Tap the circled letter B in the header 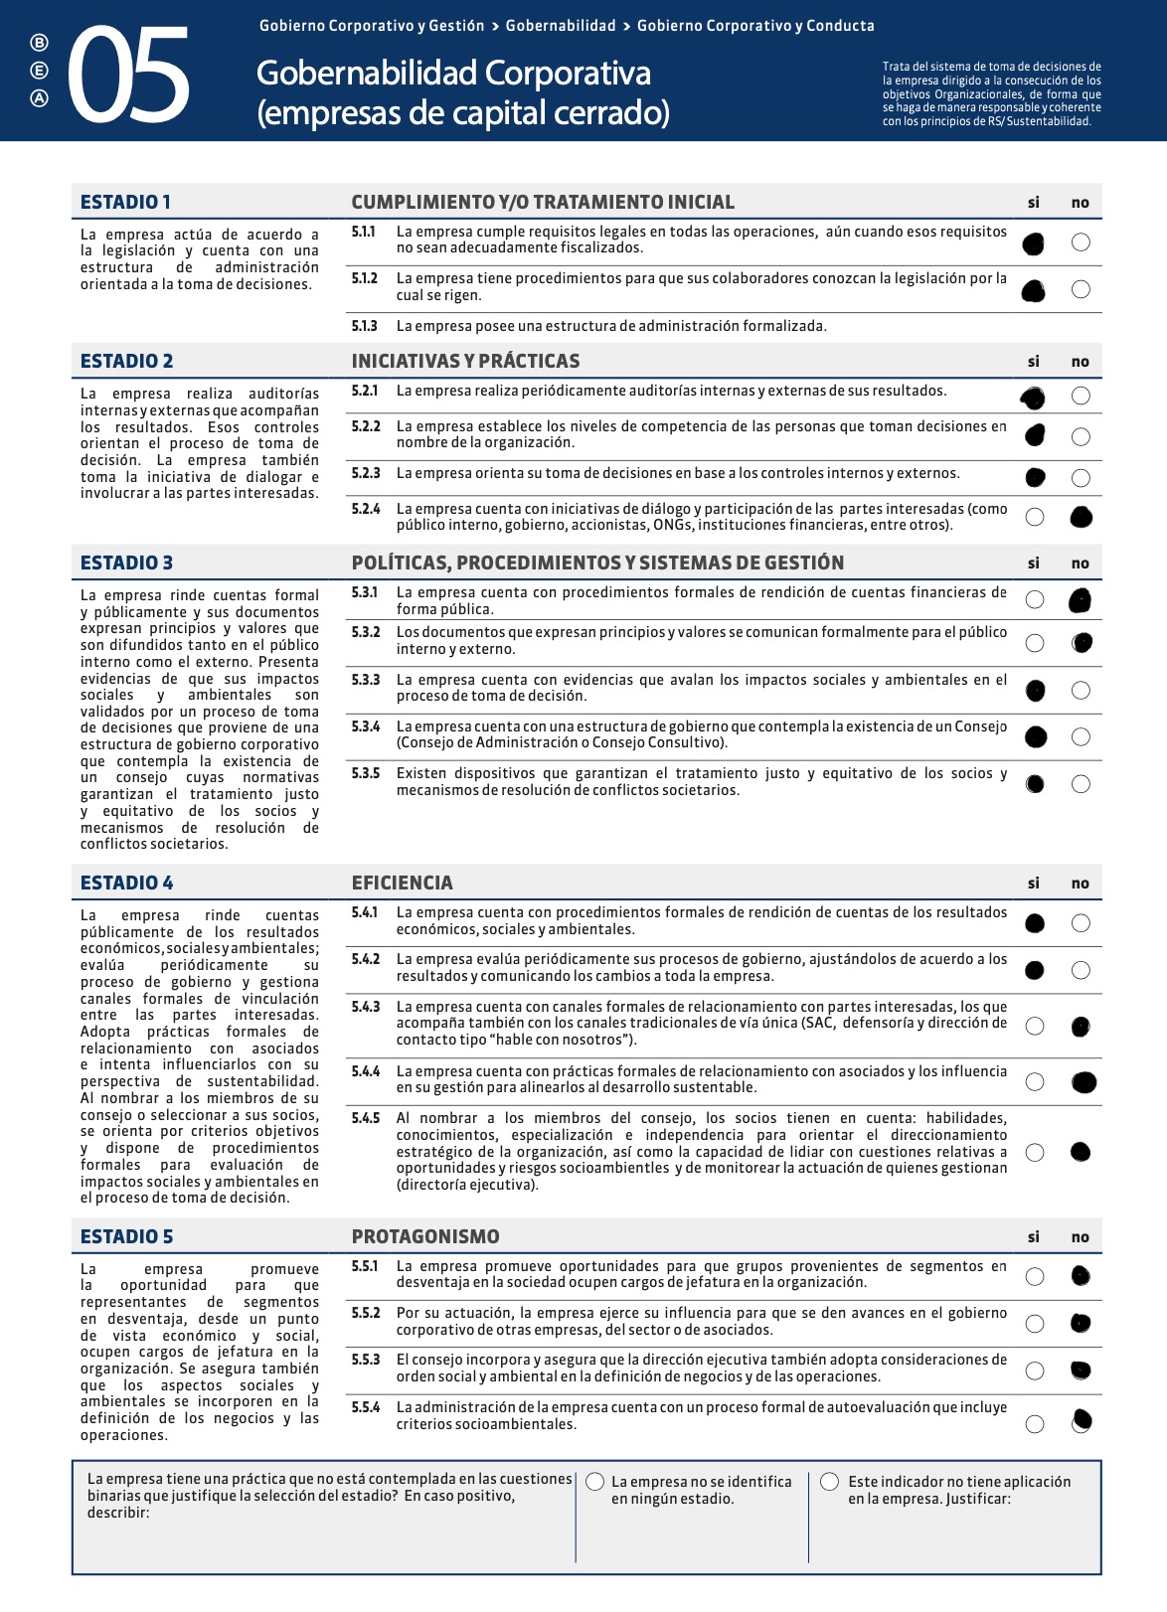(39, 43)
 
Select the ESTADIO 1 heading (125, 202)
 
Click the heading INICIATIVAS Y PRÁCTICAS (465, 361)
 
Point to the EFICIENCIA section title (402, 883)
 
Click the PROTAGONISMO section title (425, 1236)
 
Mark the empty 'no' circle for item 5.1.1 (1081, 242)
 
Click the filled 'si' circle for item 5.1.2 (1034, 290)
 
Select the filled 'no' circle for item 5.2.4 (1081, 517)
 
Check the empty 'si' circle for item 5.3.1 (1035, 599)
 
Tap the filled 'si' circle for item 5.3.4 (1035, 736)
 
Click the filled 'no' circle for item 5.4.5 (1081, 1152)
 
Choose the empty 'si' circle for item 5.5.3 (1035, 1370)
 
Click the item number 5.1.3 (364, 326)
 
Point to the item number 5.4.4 (365, 1071)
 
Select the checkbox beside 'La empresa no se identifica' (595, 1482)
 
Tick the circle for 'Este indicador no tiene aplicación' (830, 1482)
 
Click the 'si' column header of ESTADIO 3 (1034, 564)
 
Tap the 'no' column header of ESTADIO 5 (1081, 1237)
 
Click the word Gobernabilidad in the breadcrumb (561, 26)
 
